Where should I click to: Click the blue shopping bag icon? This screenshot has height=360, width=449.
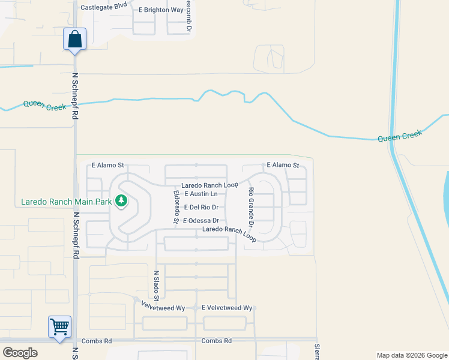[x=74, y=40]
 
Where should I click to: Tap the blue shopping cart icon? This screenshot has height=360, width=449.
[x=59, y=327]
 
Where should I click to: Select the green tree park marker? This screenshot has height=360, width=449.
[x=122, y=200]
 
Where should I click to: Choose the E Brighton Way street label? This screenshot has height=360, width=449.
[x=161, y=10]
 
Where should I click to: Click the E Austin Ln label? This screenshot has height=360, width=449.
[x=200, y=194]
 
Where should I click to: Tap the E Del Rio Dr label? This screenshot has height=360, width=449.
[x=200, y=207]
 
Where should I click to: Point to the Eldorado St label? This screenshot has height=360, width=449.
[x=176, y=207]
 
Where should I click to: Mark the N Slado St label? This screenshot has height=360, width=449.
[x=156, y=285]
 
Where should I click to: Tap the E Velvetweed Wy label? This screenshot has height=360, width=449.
[x=227, y=308]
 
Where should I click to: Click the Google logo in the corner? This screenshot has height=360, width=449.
[x=20, y=353]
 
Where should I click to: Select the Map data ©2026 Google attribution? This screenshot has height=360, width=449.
[x=411, y=355]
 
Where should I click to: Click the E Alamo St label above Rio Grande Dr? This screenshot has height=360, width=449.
[x=283, y=164]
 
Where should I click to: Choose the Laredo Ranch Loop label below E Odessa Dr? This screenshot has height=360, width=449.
[x=230, y=233]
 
